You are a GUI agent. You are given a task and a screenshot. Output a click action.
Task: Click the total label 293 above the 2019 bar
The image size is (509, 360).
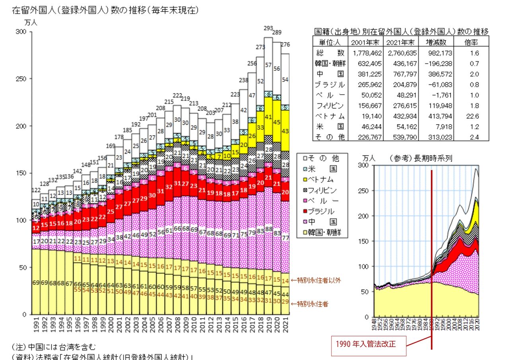[268, 28]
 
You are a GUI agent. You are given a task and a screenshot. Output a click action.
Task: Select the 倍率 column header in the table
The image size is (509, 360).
[471, 42]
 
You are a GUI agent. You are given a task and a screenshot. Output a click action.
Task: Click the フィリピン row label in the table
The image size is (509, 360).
[330, 105]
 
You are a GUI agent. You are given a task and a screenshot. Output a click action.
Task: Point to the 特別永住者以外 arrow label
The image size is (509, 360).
[316, 280]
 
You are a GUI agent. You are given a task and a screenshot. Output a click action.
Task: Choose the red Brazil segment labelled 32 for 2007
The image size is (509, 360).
[169, 186]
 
